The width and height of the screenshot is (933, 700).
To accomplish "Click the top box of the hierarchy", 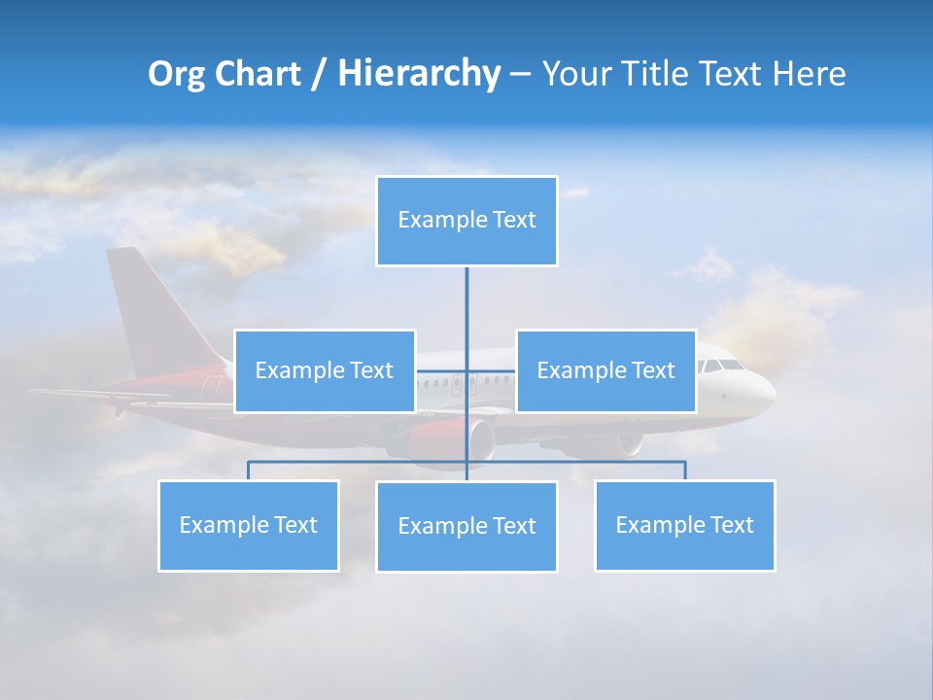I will click(x=466, y=221).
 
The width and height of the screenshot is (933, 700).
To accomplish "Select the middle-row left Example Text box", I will click(x=325, y=370).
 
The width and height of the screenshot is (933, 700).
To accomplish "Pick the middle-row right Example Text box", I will click(x=605, y=370).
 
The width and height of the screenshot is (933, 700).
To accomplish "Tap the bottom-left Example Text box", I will click(x=249, y=525).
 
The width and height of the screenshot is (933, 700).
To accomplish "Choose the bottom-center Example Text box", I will click(x=466, y=526).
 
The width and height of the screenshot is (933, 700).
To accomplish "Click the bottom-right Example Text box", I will click(x=684, y=525).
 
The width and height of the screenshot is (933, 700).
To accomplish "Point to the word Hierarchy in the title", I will click(x=419, y=75).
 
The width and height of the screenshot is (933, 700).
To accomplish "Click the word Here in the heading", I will click(x=809, y=75).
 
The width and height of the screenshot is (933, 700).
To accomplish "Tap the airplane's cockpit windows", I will click(x=722, y=366).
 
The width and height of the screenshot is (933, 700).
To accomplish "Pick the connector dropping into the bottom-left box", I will click(x=249, y=471).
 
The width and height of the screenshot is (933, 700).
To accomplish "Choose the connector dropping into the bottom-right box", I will click(x=684, y=471).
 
